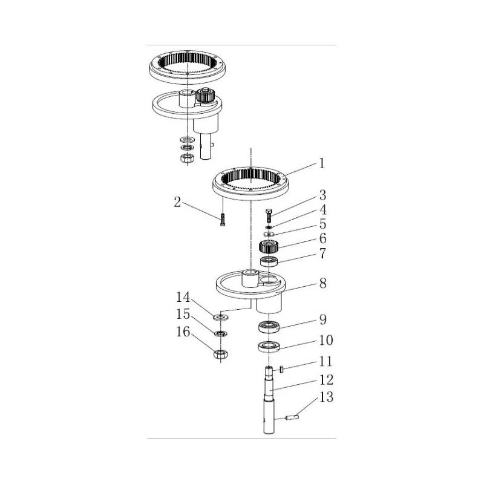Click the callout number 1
pyautogui.click(x=322, y=163)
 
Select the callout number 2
pyautogui.click(x=177, y=203)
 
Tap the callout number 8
pyautogui.click(x=323, y=283)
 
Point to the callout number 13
pyautogui.click(x=326, y=397)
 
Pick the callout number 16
pyautogui.click(x=183, y=332)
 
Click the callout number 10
pyautogui.click(x=326, y=340)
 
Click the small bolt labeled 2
pyautogui.click(x=223, y=220)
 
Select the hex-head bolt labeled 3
pyautogui.click(x=269, y=215)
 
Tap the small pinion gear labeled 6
pyautogui.click(x=269, y=246)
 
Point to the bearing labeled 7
pyautogui.click(x=269, y=261)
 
